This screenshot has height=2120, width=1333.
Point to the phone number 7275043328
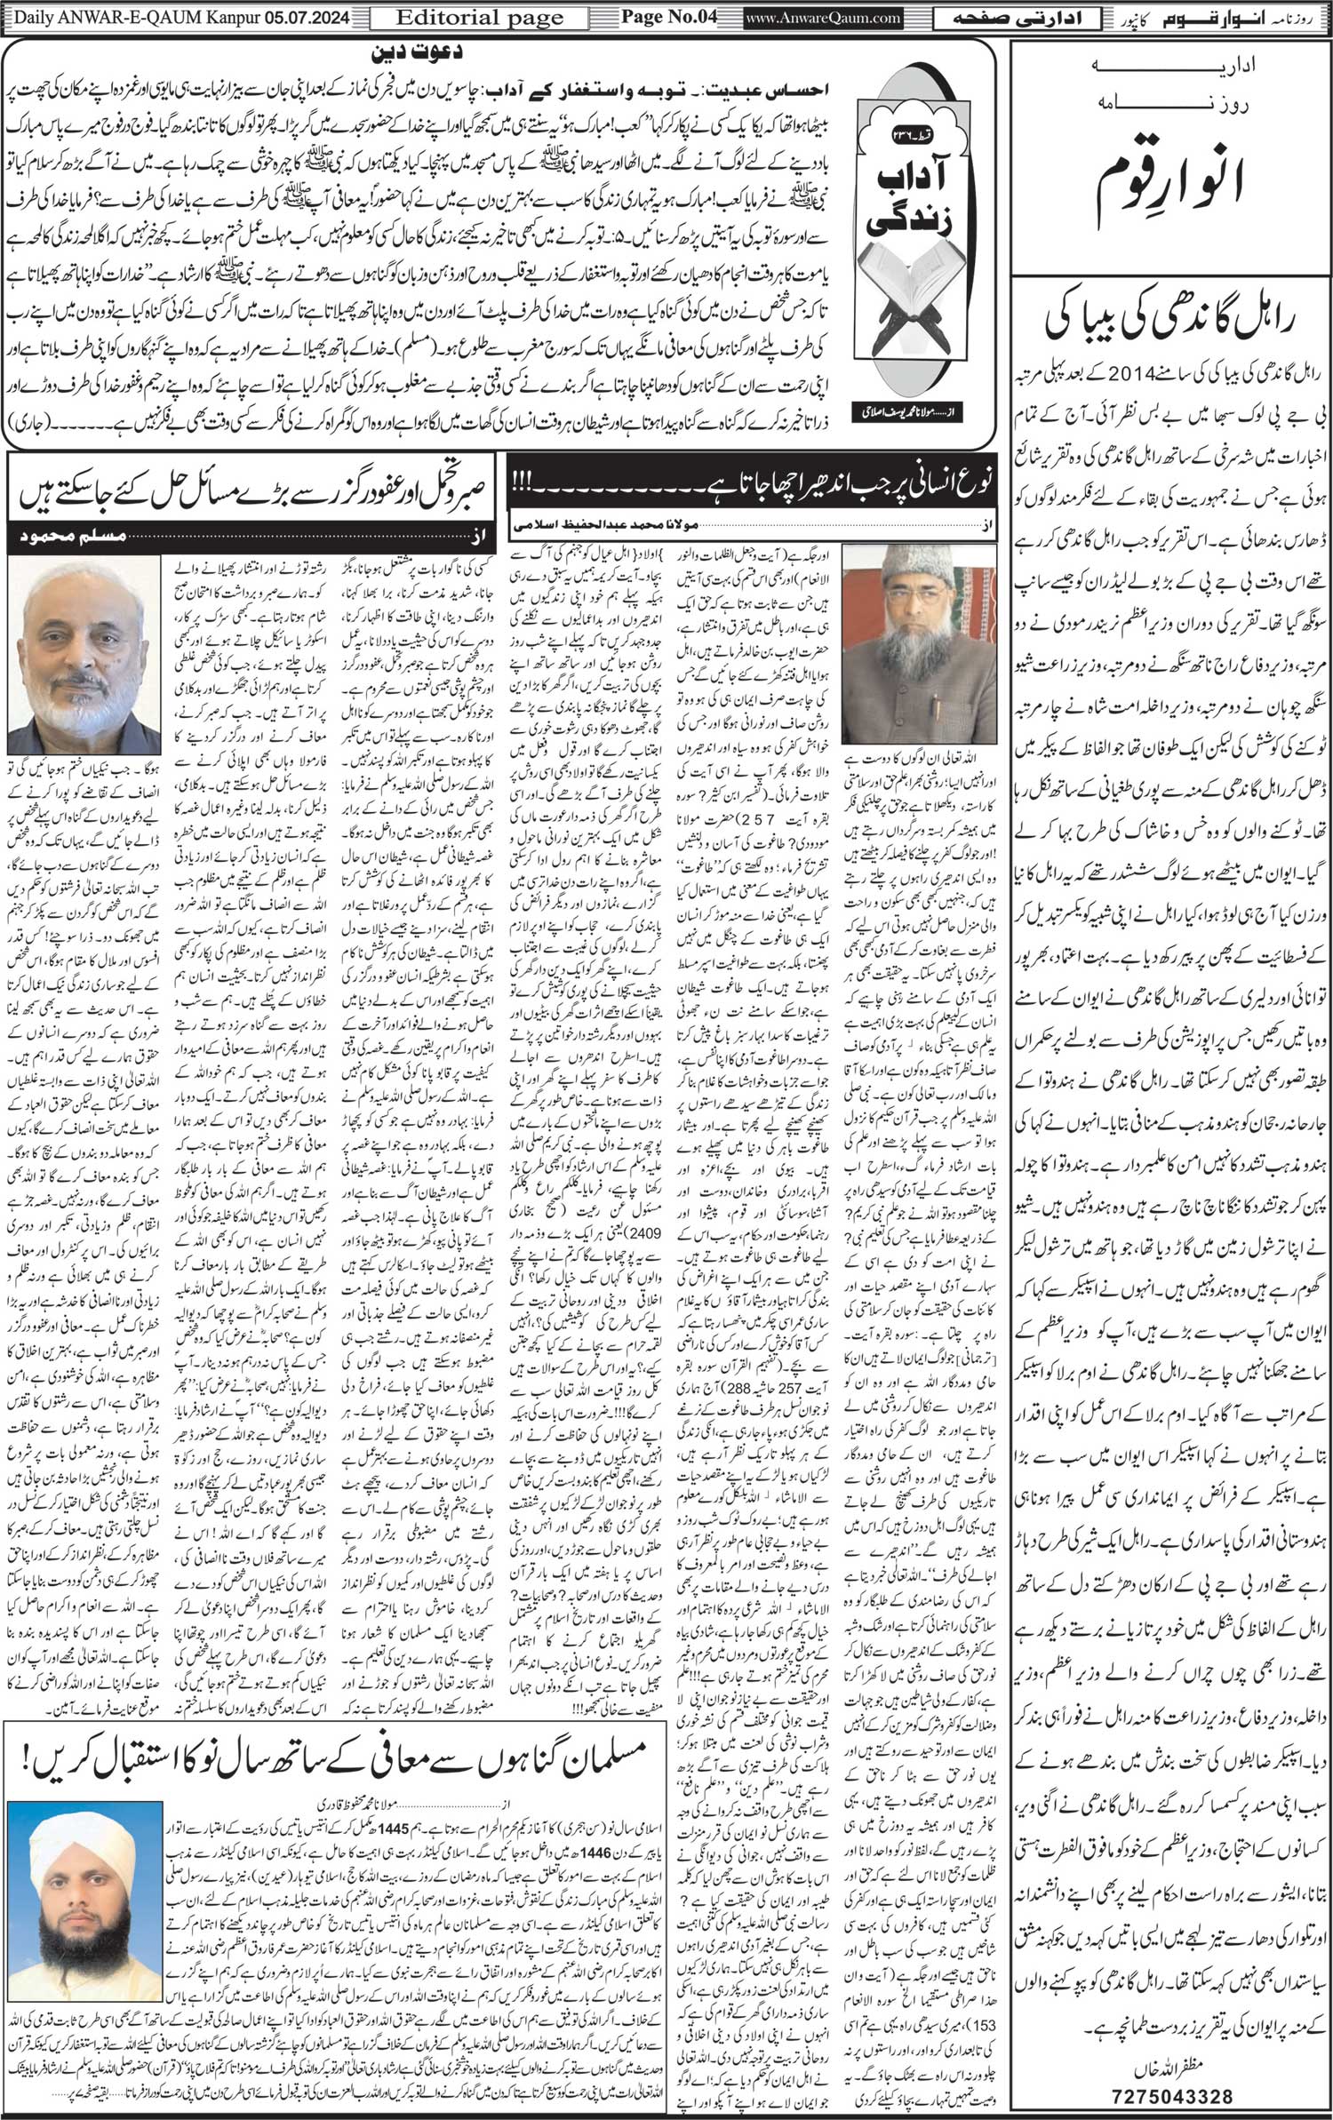point(1171,2094)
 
